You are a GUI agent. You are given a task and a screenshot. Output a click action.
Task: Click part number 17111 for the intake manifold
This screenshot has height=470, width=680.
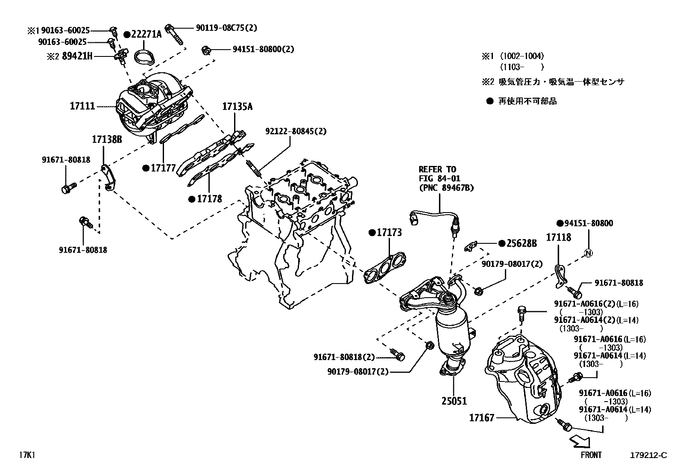point(82,106)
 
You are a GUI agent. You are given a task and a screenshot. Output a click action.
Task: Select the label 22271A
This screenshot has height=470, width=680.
point(146,35)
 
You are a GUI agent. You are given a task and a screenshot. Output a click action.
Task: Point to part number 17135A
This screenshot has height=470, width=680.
point(237,106)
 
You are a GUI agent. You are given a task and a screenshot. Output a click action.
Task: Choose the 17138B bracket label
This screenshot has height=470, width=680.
point(107,139)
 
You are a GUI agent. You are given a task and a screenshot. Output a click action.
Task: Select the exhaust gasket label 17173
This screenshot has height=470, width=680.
point(389,233)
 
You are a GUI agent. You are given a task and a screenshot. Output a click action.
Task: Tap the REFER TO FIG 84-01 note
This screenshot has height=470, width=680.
point(446,178)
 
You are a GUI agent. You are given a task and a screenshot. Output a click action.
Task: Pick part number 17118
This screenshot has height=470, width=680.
point(559,237)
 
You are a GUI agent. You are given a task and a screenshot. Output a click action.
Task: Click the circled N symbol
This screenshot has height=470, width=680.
point(588,253)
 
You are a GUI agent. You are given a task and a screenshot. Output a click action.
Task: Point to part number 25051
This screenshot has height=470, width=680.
point(454,401)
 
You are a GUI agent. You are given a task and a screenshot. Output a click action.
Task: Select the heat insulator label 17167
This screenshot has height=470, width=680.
point(481,417)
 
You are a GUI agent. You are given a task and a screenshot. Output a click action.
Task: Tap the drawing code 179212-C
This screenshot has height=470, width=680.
point(648,455)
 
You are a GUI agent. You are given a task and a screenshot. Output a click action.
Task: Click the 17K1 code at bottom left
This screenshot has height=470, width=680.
point(26,455)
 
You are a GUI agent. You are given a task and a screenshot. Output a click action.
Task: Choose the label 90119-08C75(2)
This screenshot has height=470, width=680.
point(226,28)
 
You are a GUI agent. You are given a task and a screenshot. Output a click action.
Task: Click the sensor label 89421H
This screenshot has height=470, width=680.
point(77,56)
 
